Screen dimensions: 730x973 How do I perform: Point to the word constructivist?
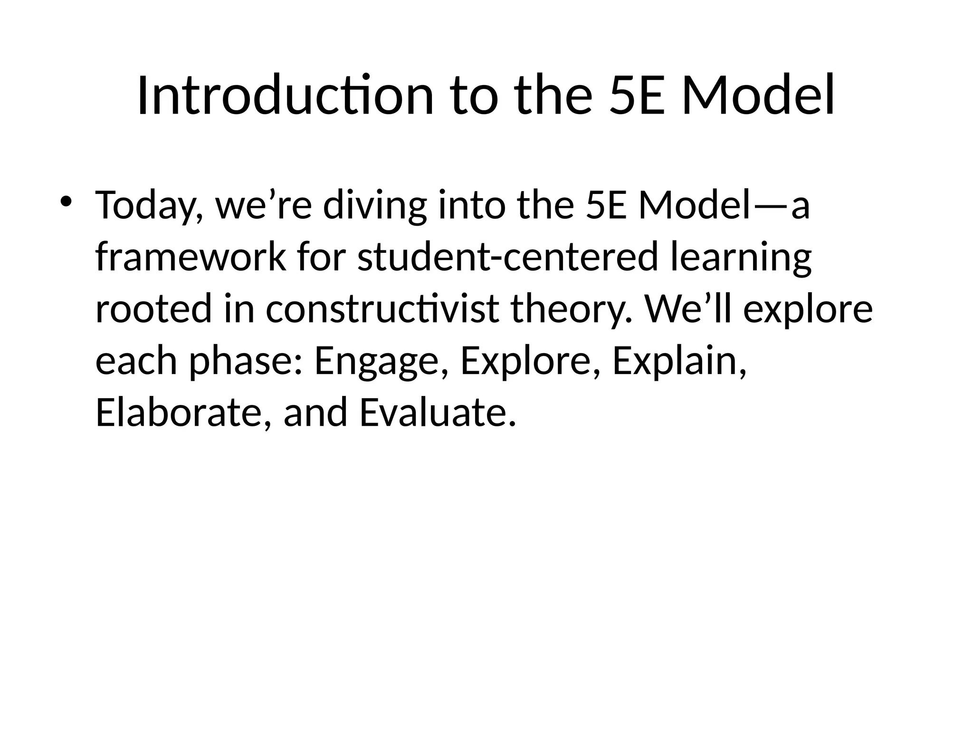(382, 309)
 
